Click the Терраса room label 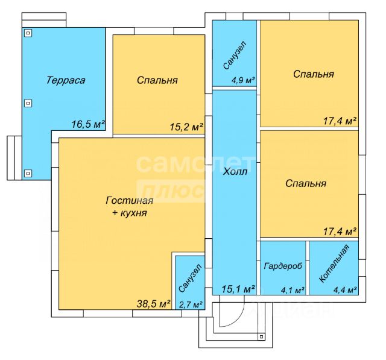pos(66,80)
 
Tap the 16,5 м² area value pos(88,124)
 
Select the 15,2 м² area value pos(186,127)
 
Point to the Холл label pos(235,171)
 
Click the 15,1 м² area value pos(238,289)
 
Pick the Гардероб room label pos(283,266)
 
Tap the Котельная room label pos(334,264)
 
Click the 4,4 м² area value pos(346,291)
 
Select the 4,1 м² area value pos(293,291)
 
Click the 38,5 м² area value pos(154,304)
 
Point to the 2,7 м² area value pos(191,305)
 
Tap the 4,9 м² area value pos(243,80)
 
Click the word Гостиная pos(130,201)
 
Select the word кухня pos(134,213)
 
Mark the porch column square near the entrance pos(261,336)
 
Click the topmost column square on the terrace pos(28,33)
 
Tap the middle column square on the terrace pos(28,103)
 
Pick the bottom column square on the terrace pos(28,173)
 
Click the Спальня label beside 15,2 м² pos(157,80)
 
